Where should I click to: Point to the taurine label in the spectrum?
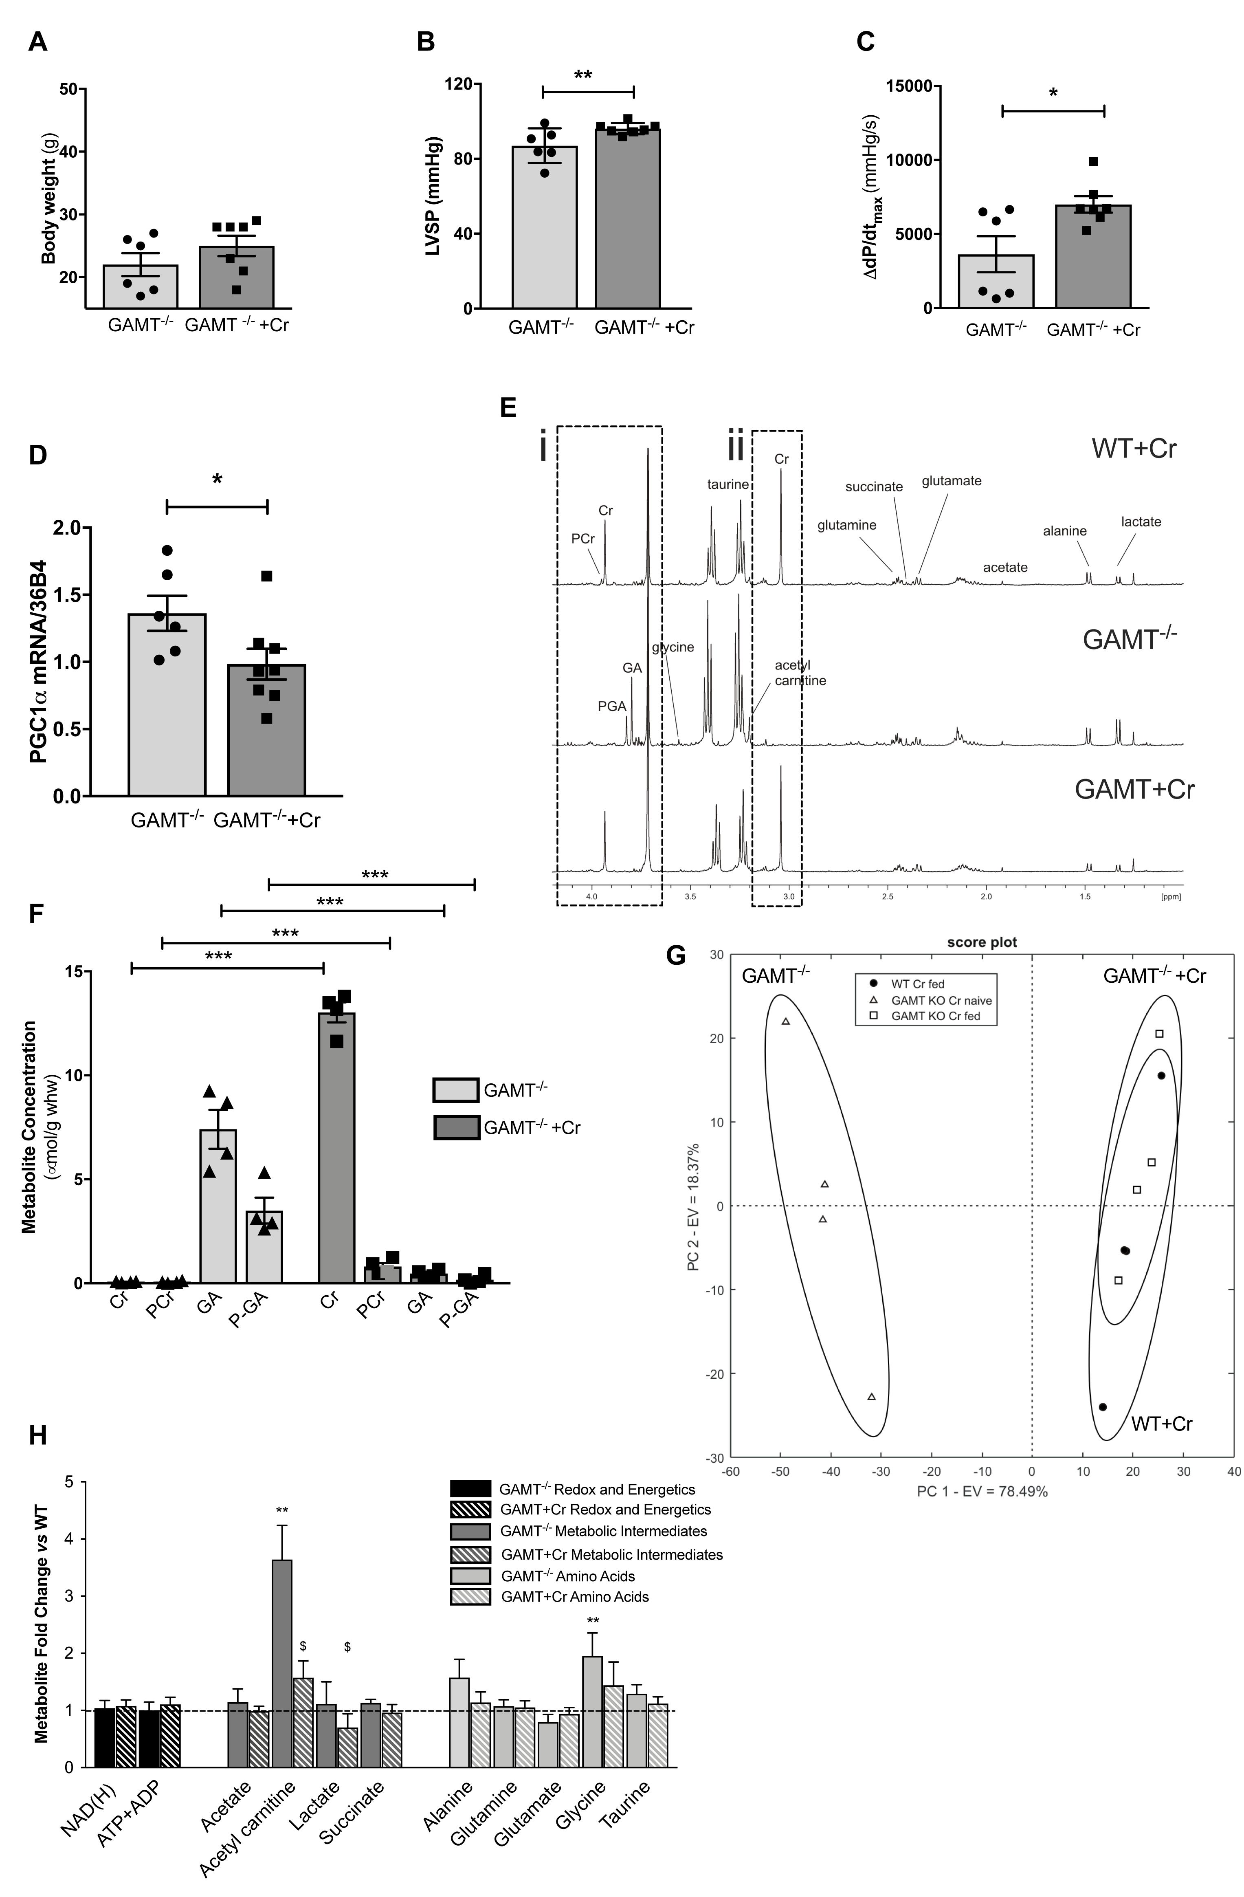click(x=727, y=484)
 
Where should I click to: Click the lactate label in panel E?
click(x=1141, y=522)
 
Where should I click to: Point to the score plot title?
click(x=982, y=942)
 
